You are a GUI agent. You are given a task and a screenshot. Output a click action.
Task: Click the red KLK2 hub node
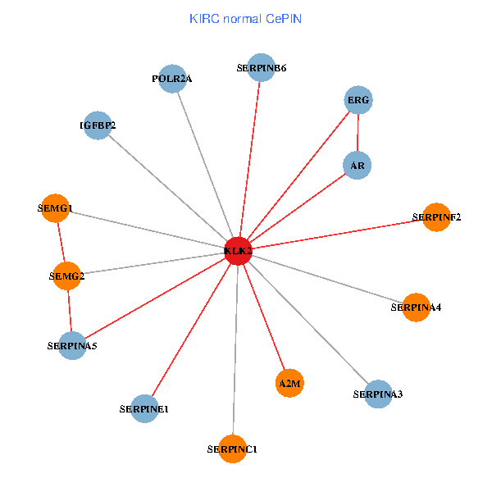coord(238,251)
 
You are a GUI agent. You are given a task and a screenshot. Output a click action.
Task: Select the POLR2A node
coord(171,79)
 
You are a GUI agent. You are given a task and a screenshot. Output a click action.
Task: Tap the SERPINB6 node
coord(261,68)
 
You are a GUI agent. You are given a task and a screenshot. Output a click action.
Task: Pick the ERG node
coord(358,100)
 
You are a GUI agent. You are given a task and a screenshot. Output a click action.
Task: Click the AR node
coord(357,166)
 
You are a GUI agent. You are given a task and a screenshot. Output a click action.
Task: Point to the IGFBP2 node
coord(98,125)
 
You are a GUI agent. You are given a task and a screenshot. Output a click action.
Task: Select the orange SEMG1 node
coord(55,208)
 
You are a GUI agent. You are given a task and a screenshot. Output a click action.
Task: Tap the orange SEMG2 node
coord(66,276)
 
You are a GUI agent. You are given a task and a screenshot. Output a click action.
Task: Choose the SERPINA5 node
coord(72,346)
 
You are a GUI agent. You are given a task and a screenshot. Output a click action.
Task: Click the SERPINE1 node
coord(144,408)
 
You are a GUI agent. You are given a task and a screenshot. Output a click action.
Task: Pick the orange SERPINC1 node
coord(233,449)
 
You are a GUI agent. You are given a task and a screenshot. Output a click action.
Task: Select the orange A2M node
coord(290,383)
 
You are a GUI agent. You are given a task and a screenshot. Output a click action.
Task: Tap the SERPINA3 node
coord(377,394)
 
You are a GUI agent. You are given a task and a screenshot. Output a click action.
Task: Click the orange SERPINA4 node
coord(416,307)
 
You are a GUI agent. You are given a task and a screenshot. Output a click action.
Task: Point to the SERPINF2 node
coord(436,217)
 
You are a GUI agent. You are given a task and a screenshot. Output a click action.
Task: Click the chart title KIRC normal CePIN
coord(245,18)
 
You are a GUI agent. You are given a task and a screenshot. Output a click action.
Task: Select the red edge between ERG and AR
coord(358,133)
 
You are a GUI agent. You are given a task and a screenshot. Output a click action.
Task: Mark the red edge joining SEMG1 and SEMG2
coord(61,243)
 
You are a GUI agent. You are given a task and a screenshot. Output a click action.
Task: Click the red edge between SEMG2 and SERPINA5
coord(70,312)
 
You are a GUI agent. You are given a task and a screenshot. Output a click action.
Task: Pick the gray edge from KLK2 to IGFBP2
coord(168,188)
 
